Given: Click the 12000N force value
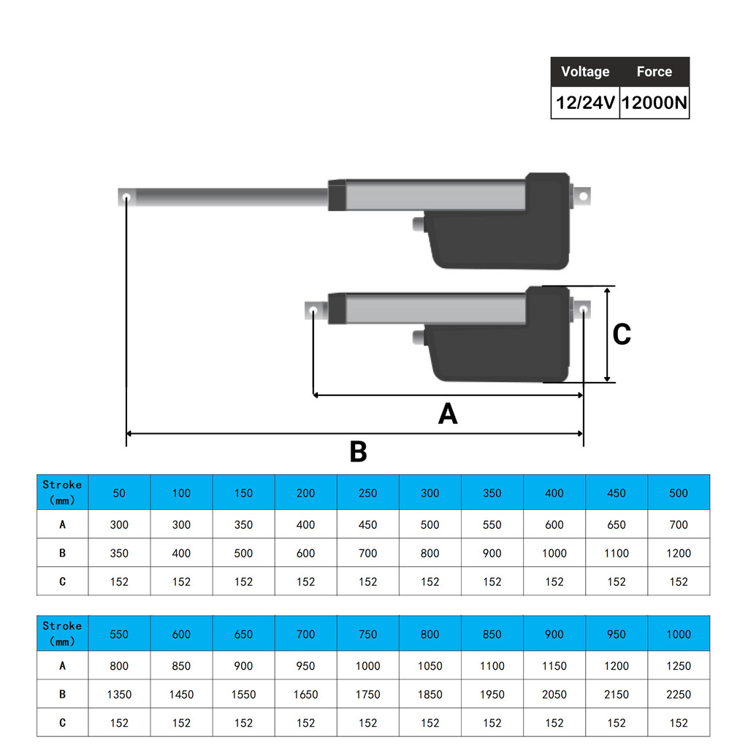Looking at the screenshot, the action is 654,102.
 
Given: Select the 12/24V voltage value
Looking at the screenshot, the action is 585,102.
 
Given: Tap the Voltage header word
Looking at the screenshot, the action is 585,72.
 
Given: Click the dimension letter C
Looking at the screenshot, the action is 622,334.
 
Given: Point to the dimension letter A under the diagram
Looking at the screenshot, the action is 448,413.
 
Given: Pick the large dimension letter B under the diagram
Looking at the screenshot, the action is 358,451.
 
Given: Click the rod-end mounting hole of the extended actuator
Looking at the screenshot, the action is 126,197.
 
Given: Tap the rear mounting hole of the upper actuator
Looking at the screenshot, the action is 583,196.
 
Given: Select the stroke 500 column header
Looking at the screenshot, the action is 679,493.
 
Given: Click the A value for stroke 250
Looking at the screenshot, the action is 368,524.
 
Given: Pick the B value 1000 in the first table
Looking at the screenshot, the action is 554,554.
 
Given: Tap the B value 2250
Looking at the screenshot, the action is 679,695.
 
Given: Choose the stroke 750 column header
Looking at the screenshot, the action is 368,634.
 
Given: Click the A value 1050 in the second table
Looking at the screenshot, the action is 430,666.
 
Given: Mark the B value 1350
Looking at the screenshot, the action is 119,695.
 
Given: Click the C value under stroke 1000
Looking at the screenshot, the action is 679,723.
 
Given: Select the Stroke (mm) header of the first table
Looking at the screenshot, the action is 62,492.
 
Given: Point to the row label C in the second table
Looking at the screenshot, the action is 63,723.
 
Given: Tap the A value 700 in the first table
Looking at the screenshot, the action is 679,524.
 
